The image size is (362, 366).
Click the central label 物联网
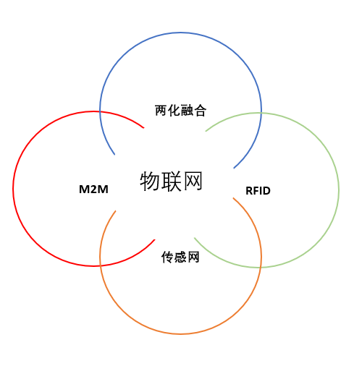pyautogui.click(x=171, y=182)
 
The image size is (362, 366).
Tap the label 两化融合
pyautogui.click(x=180, y=111)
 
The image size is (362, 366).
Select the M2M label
pyautogui.click(x=93, y=190)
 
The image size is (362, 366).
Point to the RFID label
pyautogui.click(x=258, y=191)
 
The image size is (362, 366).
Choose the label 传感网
pyautogui.click(x=180, y=257)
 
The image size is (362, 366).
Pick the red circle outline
pyautogui.click(x=13, y=189)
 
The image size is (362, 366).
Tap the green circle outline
pyautogui.click(x=339, y=190)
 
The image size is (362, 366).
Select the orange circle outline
pyautogui.click(x=180, y=334)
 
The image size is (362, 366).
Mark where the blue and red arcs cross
pyautogui.click(x=100, y=111)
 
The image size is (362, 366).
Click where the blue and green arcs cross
pyautogui.click(x=261, y=113)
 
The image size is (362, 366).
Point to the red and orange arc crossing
pyautogui.click(x=100, y=265)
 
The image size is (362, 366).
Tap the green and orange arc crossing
pyautogui.click(x=261, y=268)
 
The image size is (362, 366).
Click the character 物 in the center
pyautogui.click(x=150, y=182)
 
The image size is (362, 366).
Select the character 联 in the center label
pyautogui.click(x=172, y=182)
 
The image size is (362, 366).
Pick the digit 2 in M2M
pyautogui.click(x=93, y=190)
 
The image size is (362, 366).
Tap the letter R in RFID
pyautogui.click(x=249, y=191)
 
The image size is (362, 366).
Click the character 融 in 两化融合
pyautogui.click(x=187, y=111)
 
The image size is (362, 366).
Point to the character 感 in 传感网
pyautogui.click(x=180, y=257)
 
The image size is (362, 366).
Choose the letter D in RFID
pyautogui.click(x=266, y=191)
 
